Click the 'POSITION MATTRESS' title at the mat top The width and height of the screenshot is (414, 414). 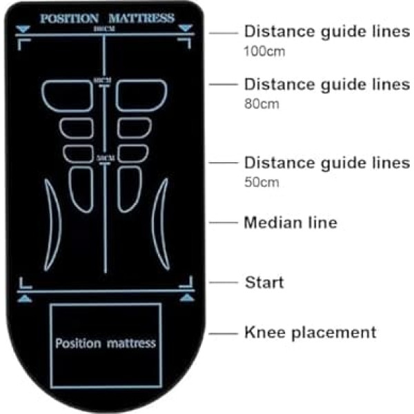point(106,18)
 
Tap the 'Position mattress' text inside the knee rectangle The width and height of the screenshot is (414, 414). point(106,342)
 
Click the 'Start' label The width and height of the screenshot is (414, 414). point(265,282)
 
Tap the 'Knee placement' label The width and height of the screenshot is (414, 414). point(310,333)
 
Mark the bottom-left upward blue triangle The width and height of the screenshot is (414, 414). point(24,297)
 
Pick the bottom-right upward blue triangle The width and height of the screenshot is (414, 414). point(186,297)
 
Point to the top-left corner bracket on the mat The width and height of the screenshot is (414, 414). point(23,43)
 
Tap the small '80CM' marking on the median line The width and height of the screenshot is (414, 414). point(105,80)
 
